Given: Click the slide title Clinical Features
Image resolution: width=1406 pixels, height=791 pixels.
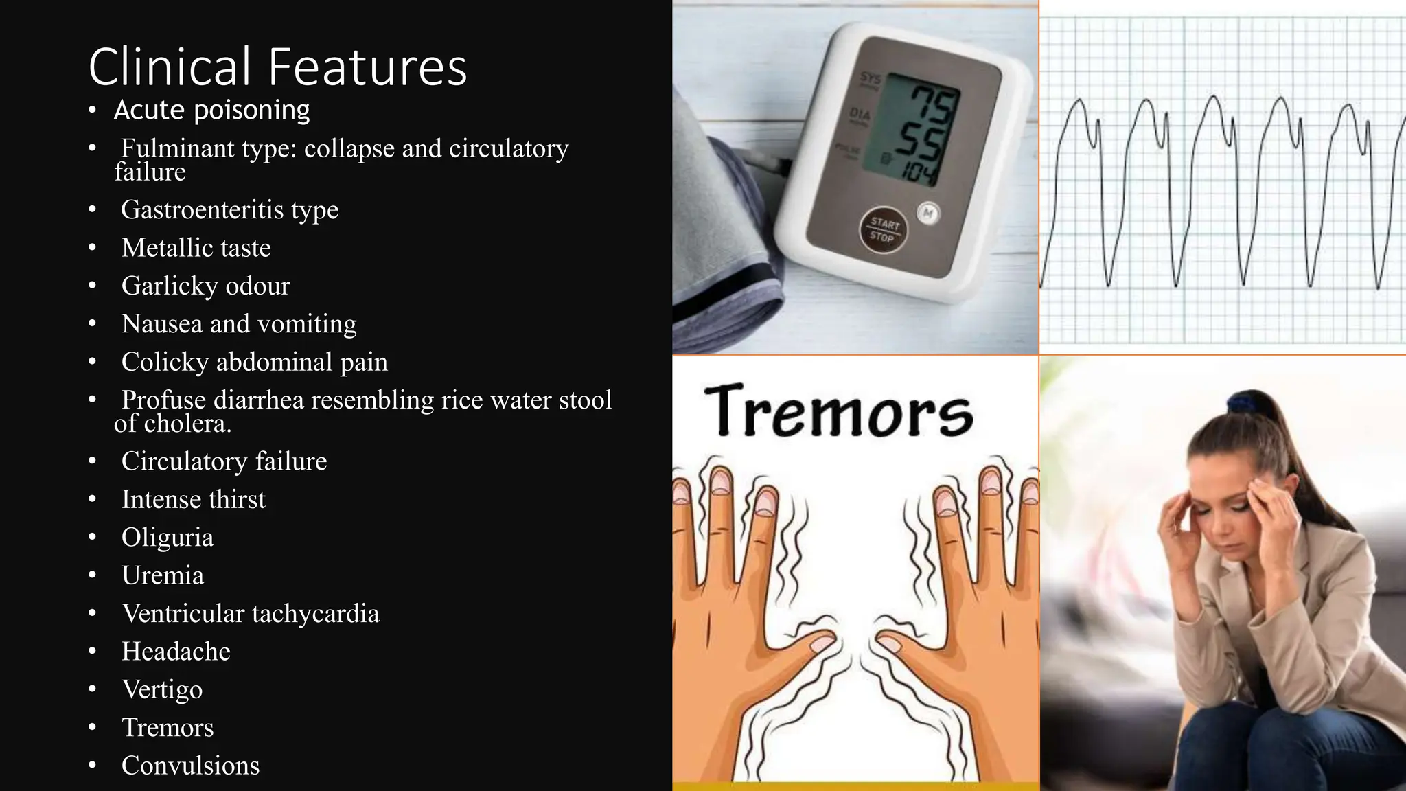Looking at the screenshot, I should (277, 67).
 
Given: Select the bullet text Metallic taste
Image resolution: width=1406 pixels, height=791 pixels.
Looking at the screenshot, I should (196, 248).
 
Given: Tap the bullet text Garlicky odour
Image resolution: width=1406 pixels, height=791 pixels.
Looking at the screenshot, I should (205, 286).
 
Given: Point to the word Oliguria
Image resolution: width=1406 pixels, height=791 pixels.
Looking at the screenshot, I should (168, 538).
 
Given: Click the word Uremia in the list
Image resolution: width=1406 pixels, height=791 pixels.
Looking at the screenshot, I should (163, 575).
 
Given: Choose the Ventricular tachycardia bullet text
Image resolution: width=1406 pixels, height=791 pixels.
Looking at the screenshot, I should (250, 614).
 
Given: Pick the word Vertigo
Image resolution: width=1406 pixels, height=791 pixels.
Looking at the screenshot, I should (162, 689).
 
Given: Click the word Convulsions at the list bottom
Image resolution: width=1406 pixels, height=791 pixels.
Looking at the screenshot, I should (190, 766).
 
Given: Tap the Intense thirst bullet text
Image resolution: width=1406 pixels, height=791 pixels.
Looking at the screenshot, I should (193, 499).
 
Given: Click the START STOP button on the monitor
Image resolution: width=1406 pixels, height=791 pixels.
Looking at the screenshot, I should (883, 231).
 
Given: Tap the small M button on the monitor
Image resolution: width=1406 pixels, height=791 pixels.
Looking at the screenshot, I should (928, 213).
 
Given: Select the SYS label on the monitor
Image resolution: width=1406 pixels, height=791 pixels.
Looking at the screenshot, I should (870, 78).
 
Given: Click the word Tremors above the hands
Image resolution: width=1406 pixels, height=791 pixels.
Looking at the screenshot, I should (838, 411).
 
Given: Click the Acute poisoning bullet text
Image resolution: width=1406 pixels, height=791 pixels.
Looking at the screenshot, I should (211, 110).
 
